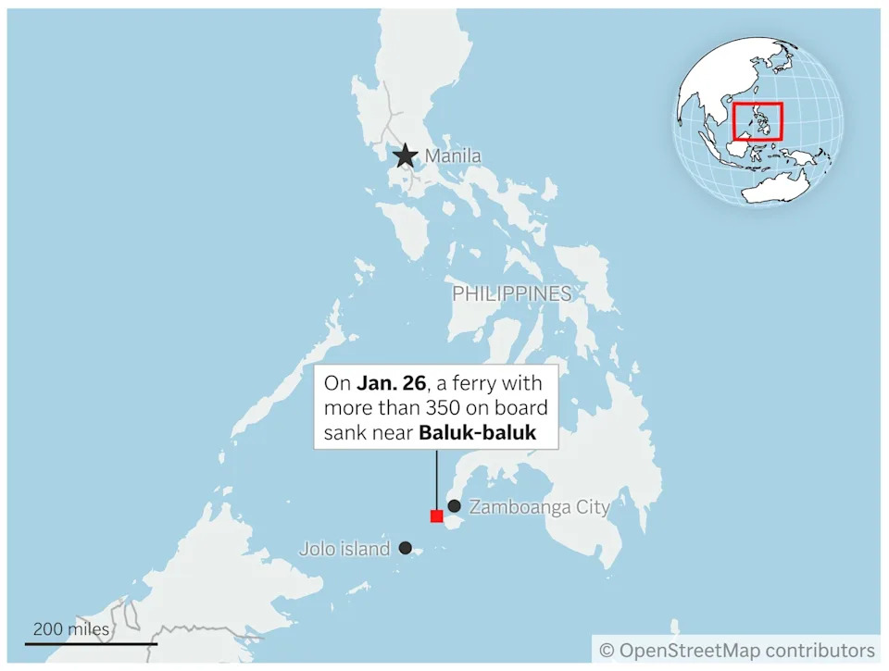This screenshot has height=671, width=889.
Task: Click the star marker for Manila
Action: coord(405,156)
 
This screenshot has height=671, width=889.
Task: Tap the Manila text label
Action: coord(453,156)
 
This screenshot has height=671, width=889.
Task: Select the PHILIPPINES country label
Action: coord(511,294)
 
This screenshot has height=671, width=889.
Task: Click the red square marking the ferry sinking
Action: coord(436,516)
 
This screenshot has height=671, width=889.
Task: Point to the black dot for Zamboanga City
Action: coord(455,506)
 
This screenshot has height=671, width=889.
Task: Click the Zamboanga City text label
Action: coord(539,507)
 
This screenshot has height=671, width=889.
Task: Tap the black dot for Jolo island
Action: coord(406,548)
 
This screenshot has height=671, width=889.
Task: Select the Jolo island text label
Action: coord(344,549)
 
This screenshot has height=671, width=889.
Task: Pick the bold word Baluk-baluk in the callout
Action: coord(477,431)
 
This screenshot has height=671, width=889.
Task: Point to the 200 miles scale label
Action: coord(71,629)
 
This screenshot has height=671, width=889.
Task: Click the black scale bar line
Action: coord(91,643)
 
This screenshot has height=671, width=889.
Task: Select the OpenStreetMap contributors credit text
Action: coord(746,650)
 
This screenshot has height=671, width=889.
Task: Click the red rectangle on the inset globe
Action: coord(758,121)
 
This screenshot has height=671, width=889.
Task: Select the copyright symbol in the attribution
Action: coord(607,651)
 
